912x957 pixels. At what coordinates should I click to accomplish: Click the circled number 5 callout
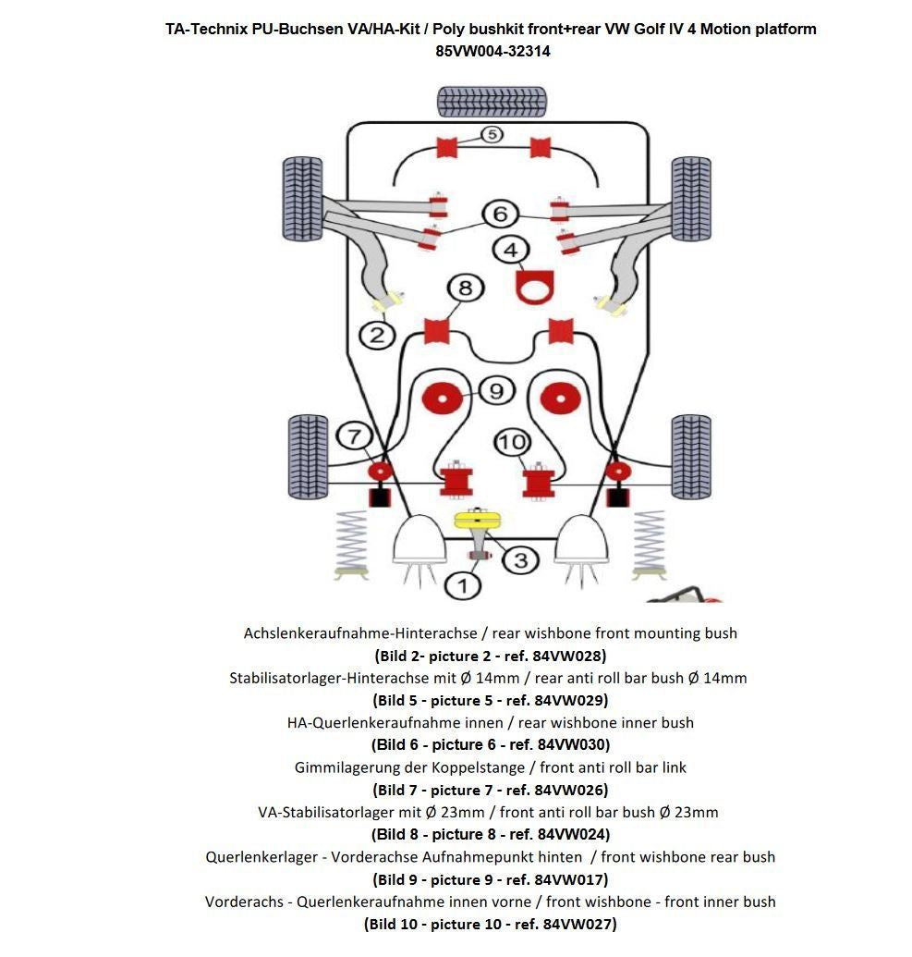(x=492, y=135)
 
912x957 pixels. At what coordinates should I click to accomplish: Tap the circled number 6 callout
(x=500, y=215)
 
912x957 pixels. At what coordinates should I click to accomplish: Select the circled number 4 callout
(x=510, y=250)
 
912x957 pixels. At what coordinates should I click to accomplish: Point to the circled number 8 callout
(x=465, y=288)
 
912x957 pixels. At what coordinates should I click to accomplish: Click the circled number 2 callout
(x=377, y=335)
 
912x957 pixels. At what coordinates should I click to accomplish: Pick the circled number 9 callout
(x=496, y=391)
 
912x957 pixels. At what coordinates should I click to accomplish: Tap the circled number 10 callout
(x=511, y=443)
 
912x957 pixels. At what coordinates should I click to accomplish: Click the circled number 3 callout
(x=521, y=559)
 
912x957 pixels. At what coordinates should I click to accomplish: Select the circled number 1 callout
(x=463, y=584)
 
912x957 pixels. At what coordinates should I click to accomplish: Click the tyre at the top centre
(x=491, y=100)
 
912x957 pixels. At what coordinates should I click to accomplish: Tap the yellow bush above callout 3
(x=477, y=520)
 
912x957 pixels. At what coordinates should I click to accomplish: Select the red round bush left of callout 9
(x=442, y=399)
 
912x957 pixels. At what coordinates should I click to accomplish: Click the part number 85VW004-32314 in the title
(x=492, y=52)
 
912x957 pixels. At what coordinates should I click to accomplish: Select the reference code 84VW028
(x=570, y=656)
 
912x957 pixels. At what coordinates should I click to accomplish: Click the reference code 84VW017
(x=572, y=879)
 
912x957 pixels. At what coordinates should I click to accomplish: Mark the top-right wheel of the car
(x=689, y=199)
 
